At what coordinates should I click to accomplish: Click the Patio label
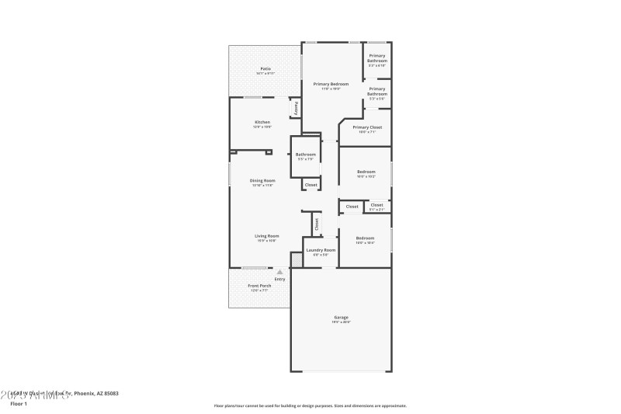click(265, 69)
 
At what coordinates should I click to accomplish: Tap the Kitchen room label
click(263, 123)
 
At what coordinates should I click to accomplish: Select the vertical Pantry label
click(296, 108)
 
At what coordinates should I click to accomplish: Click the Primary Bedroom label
click(331, 84)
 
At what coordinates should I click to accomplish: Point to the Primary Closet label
click(366, 127)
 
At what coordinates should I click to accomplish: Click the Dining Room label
click(262, 181)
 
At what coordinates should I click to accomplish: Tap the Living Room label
click(267, 236)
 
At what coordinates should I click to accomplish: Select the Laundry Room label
click(320, 250)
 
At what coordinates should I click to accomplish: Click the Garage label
click(341, 317)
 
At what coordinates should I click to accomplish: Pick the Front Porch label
click(260, 286)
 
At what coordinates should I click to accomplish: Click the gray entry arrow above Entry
click(279, 272)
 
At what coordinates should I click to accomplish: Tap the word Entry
click(279, 280)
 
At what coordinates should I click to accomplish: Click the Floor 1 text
click(18, 404)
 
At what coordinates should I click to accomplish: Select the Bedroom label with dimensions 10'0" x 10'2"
click(366, 172)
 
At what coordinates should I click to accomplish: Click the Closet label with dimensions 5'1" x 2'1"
click(376, 205)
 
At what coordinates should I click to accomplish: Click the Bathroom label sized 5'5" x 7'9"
click(305, 155)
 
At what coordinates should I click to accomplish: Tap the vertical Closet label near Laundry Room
click(317, 223)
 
